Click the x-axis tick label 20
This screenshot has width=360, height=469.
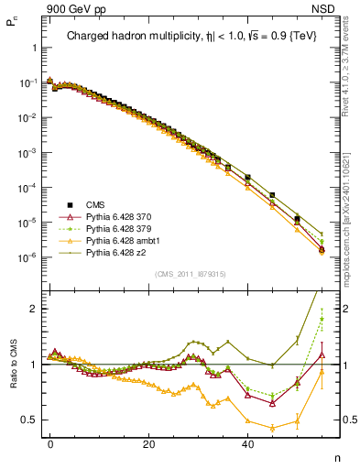[x=148, y=442]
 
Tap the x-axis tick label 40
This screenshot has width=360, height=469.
[x=247, y=442]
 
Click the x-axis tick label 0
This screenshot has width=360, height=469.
[x=50, y=442]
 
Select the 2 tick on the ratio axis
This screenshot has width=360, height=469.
[x=34, y=309]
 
